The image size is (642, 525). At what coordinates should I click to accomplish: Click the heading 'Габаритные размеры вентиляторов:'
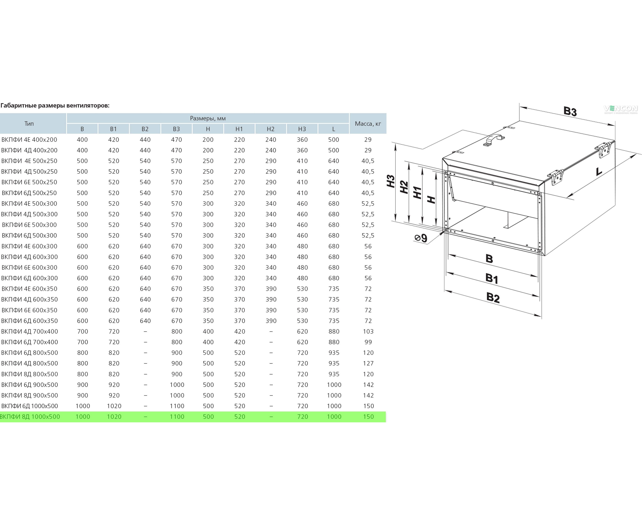pos(55,106)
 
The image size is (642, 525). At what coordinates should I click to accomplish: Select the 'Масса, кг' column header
pos(368,124)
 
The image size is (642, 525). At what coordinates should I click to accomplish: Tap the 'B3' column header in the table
pos(176,129)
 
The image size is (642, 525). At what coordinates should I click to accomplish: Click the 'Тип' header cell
pos(29,124)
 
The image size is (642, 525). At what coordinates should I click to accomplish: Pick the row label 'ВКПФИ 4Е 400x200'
pos(29,140)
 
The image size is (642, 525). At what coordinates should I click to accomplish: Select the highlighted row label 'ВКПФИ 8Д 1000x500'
pos(30,417)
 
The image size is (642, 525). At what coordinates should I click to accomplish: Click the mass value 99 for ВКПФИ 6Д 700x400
pos(368,342)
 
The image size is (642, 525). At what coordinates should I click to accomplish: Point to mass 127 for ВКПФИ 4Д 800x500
pos(368,364)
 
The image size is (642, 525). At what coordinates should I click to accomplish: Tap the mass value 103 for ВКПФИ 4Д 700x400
pos(368,331)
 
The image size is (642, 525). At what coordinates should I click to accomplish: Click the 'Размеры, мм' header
pos(208,118)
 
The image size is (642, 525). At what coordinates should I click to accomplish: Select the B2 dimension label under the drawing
pos(493,298)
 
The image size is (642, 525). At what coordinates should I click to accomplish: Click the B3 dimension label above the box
pos(570,111)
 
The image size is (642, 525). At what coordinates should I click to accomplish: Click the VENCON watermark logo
pos(621,109)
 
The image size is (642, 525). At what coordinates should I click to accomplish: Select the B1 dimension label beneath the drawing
pos(492,278)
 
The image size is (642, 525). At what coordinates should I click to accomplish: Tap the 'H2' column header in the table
pos(271,129)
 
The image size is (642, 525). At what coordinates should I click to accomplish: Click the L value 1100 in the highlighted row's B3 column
pos(177,417)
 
